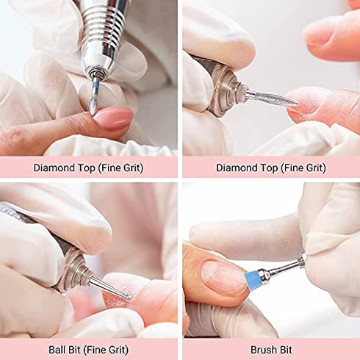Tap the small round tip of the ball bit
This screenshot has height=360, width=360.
click(x=129, y=297)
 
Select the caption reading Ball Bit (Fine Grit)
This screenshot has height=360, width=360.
click(x=88, y=348)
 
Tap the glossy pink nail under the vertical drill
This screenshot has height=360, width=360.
click(x=114, y=118)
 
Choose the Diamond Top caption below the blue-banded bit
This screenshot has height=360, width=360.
click(x=88, y=168)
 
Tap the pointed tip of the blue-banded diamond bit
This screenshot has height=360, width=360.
click(x=93, y=111)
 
